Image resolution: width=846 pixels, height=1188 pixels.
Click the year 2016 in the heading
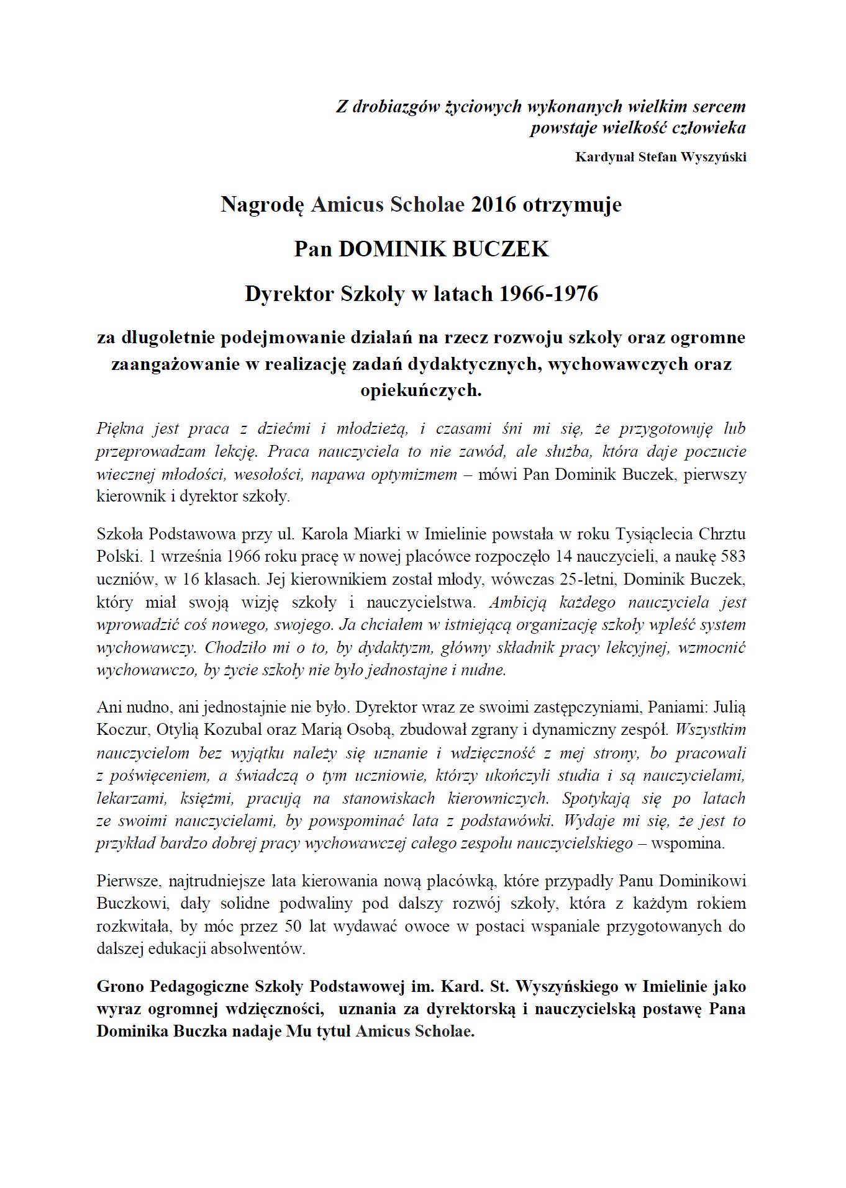(x=494, y=204)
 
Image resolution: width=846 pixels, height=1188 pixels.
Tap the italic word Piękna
(x=120, y=428)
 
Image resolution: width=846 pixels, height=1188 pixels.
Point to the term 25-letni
(x=594, y=579)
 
